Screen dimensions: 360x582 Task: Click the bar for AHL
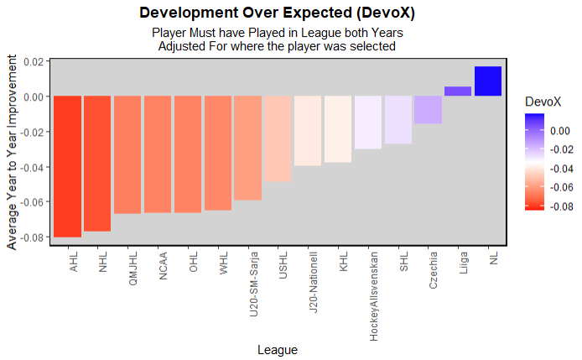(x=68, y=166)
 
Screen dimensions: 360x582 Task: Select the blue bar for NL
(x=487, y=81)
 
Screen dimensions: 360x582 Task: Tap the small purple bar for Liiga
(x=458, y=91)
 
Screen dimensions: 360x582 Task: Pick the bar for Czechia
(x=428, y=110)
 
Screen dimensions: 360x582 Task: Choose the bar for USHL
(x=278, y=138)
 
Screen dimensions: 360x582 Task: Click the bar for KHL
(x=338, y=129)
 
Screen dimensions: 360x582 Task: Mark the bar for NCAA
(x=158, y=154)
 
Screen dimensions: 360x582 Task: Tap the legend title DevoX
(x=542, y=101)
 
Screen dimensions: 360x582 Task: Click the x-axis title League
(x=278, y=349)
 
